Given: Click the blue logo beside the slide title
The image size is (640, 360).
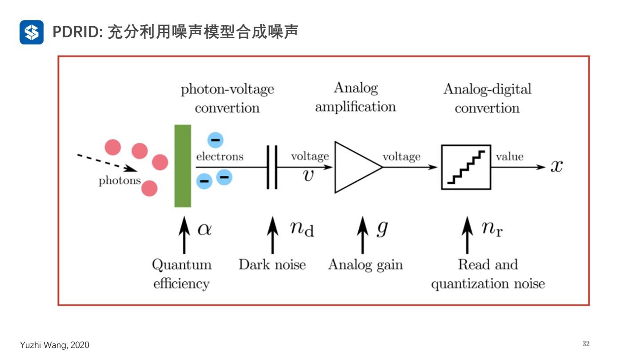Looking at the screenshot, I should [32, 32].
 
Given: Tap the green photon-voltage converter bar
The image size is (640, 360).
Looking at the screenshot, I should [183, 166].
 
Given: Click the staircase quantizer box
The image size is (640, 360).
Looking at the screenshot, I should [466, 167].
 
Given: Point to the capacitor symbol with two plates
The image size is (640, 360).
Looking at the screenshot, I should [272, 167].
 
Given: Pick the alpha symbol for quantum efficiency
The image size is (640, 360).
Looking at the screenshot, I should [204, 230].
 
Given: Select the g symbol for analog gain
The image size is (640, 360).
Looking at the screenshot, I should [382, 228].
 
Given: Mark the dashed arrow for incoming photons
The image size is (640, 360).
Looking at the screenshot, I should [106, 162].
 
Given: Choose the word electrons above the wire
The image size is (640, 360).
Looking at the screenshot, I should [220, 156].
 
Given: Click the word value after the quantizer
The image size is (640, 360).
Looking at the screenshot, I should [509, 156].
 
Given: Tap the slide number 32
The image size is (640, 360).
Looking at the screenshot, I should [586, 344].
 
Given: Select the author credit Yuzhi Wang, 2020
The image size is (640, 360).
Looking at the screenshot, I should [55, 345].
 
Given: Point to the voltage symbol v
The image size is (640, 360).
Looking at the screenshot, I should [308, 175].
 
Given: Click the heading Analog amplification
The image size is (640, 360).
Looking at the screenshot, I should [356, 97].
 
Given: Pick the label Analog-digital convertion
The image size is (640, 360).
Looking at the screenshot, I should [487, 98].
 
